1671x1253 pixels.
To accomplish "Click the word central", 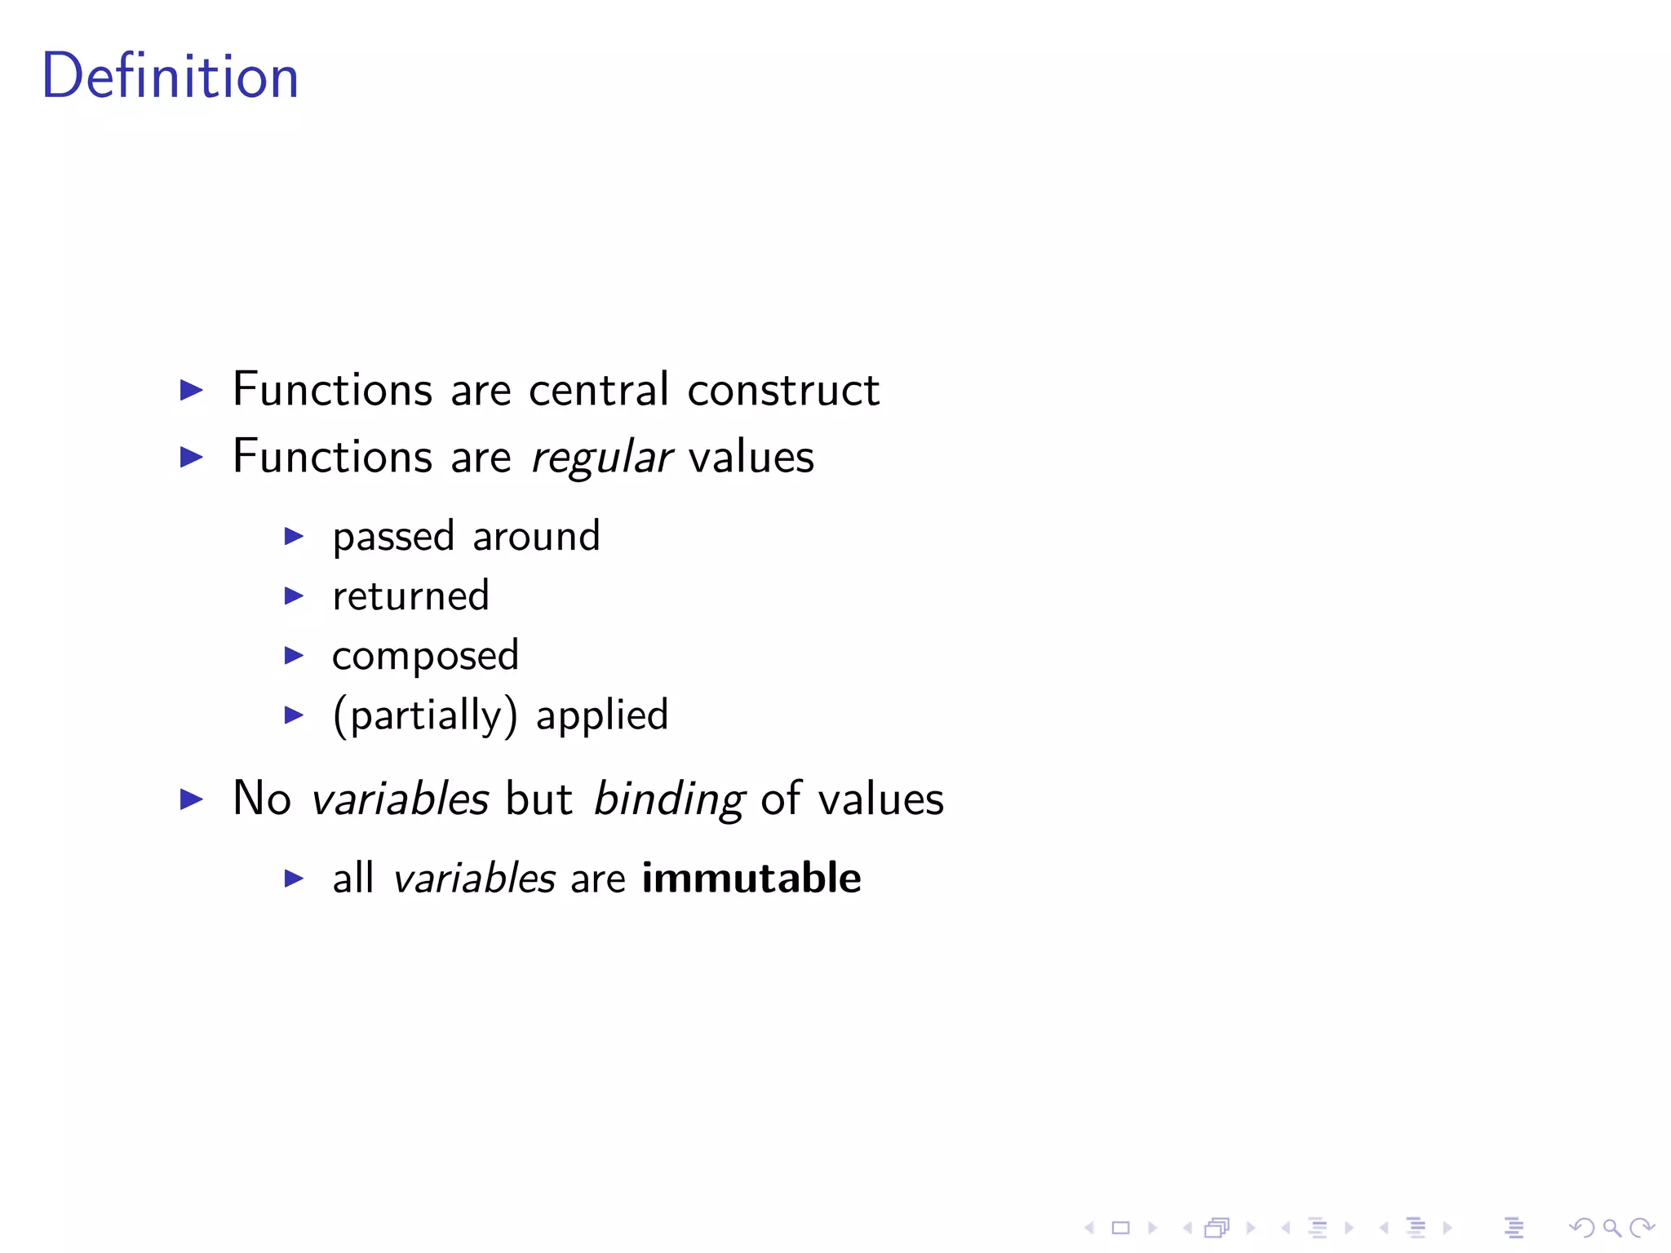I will coord(599,389).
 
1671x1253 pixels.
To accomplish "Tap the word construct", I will coord(783,391).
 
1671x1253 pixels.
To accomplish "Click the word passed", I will coord(393,538).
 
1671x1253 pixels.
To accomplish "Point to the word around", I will coord(536,537).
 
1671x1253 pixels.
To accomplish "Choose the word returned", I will coord(410,596).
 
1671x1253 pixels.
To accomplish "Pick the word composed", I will coord(425,657).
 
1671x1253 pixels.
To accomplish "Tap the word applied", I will coord(602,716).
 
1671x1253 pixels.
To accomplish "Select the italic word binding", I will coord(668,799).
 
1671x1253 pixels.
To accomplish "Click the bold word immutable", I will coord(751,878).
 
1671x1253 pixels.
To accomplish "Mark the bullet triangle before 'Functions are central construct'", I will coord(192,390).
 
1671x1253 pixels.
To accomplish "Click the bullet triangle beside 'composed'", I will coord(294,655).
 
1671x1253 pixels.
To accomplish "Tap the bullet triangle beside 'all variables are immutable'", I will coord(294,879).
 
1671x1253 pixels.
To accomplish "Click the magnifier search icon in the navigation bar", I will coord(1611,1227).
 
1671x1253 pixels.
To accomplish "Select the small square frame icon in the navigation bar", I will coord(1121,1227).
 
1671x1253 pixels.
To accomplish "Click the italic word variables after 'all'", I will coord(474,879).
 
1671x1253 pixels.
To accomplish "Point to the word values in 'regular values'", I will coord(751,457).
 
